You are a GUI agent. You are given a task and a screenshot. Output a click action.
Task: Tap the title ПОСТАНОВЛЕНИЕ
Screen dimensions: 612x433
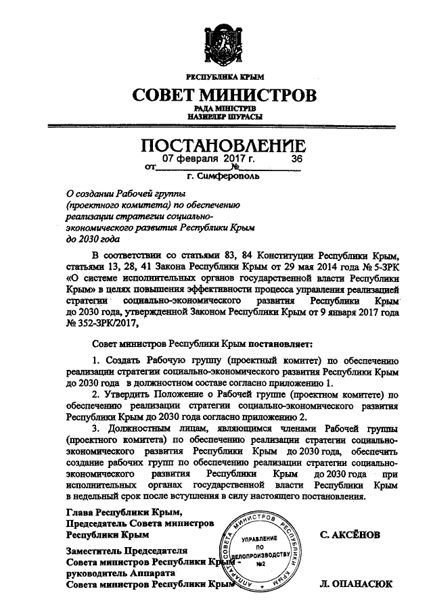223,145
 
